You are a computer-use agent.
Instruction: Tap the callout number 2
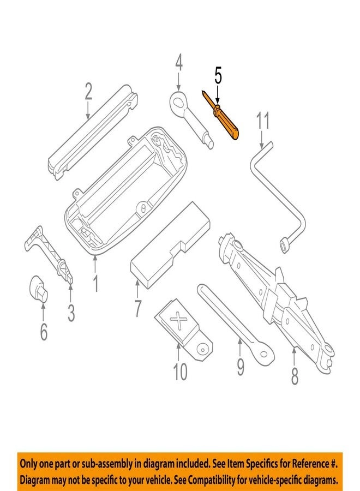pos(88,93)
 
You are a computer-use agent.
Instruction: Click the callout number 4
pos(179,64)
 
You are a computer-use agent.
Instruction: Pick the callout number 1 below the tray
pos(95,283)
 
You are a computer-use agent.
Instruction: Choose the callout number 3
pos(71,313)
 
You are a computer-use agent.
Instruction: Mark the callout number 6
pos(43,331)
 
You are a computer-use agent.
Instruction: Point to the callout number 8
pos(294,376)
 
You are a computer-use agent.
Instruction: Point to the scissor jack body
pos(273,295)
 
